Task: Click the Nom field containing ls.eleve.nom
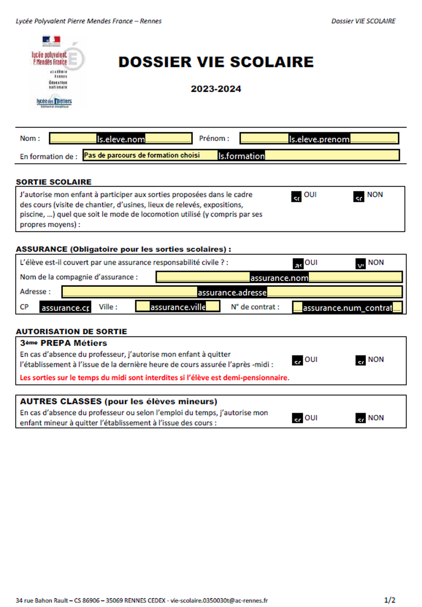tap(121, 139)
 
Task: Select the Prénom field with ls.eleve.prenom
tap(319, 139)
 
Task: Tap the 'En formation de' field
tap(241, 155)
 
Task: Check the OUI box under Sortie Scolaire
tap(296, 197)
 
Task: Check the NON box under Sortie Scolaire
tap(359, 197)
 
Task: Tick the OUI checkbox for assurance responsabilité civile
tap(298, 264)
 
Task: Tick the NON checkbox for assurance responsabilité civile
tap(361, 264)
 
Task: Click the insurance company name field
tap(279, 277)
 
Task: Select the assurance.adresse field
tap(232, 292)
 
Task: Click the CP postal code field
tap(65, 307)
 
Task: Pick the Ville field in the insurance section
tap(178, 307)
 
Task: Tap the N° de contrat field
tap(347, 308)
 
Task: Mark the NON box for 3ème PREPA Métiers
tap(361, 361)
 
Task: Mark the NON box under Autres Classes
tap(361, 418)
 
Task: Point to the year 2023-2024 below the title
tap(216, 89)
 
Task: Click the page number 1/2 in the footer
tap(389, 600)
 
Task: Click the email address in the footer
tap(219, 600)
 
